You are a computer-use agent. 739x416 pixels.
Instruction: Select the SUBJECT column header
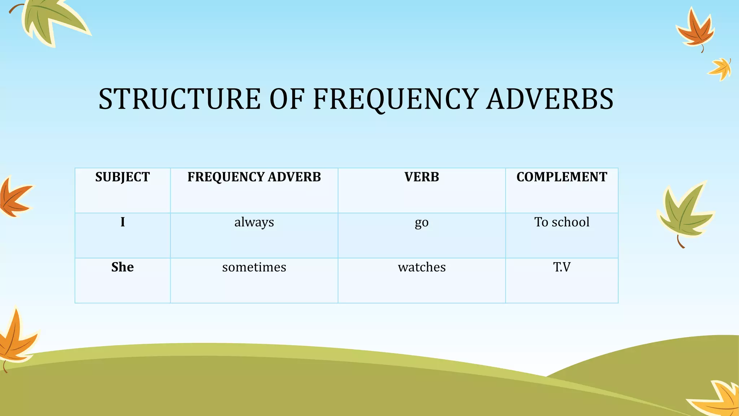coord(122,177)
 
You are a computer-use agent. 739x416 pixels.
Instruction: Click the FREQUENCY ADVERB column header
coord(254,177)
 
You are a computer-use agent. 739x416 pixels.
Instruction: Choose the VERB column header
coord(421,177)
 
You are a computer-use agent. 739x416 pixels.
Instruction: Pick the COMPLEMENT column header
coord(561,177)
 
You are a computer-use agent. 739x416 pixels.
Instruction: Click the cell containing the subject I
coord(123,222)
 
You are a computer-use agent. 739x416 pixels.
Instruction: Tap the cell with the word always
coord(254,222)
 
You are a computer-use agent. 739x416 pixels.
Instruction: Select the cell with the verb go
coord(421,223)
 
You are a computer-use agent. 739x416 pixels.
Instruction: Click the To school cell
coord(561,222)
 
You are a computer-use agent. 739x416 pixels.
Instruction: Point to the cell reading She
coord(122,267)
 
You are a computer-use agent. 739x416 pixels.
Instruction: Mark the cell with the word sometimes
coord(254,267)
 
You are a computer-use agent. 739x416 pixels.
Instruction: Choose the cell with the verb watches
coord(421,267)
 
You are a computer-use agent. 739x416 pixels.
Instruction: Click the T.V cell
coord(561,267)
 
